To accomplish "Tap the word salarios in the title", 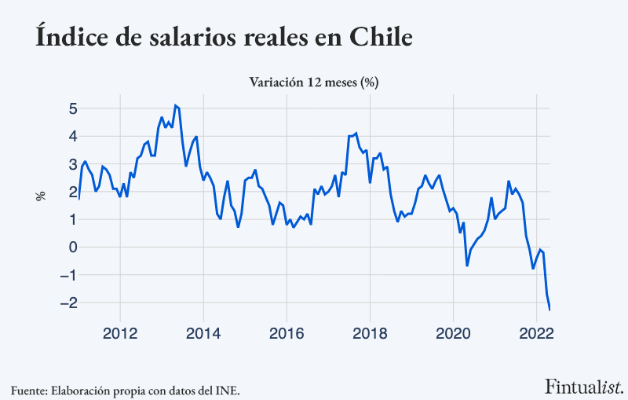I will tap(195, 37).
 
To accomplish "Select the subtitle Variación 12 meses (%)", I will tap(314, 82).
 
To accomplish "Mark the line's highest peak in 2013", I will tap(175, 105).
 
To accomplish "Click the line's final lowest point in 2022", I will tap(549, 310).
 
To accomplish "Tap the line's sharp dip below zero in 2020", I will tap(467, 266).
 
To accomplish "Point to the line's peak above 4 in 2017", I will tap(356, 133).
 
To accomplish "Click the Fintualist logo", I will tap(584, 386).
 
